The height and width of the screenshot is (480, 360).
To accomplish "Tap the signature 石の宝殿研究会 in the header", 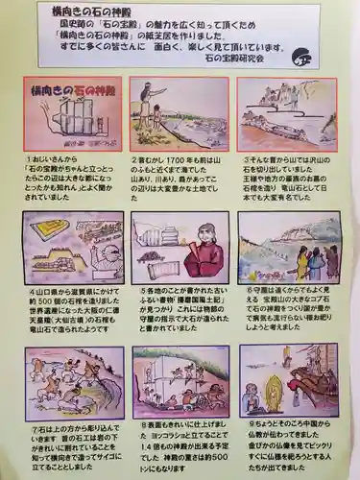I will [x=252, y=58].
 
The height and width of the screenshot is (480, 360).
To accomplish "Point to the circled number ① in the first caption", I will [x=36, y=160].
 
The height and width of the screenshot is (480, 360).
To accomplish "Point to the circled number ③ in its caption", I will [x=243, y=160].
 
